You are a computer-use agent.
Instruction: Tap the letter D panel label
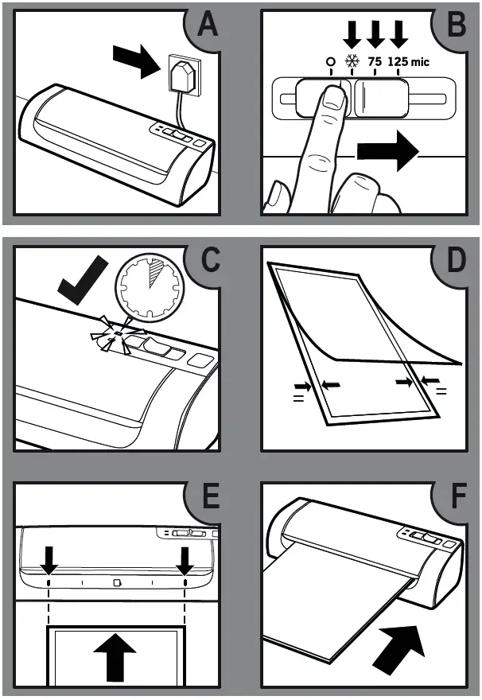(456, 261)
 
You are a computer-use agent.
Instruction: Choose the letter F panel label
(456, 496)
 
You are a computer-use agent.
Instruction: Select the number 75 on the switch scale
(375, 62)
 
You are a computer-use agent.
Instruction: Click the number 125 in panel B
(398, 62)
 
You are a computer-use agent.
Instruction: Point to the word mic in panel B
(421, 62)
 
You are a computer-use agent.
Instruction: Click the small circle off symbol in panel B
(329, 62)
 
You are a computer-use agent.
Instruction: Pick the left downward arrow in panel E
(49, 562)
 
